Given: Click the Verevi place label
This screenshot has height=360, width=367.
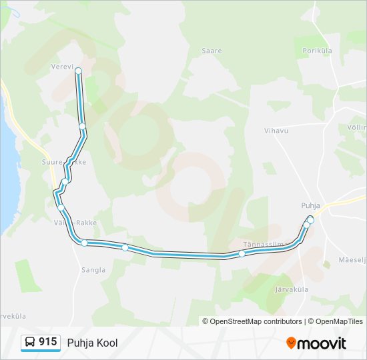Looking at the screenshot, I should click(61, 67).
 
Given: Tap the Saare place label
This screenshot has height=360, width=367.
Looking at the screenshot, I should click(212, 51).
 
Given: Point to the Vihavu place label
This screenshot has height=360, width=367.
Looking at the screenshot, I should click(276, 131).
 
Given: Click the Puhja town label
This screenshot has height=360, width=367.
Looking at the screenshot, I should click(310, 206).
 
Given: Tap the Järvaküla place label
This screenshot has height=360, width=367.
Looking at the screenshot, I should click(292, 289).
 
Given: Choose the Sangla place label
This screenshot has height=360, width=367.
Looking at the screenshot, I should click(93, 270).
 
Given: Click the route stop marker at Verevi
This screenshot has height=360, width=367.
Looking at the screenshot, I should click(78, 71).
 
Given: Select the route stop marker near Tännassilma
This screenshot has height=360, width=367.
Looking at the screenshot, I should click(242, 253).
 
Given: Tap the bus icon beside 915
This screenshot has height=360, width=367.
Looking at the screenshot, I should click(30, 342).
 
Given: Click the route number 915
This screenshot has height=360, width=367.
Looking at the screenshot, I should click(48, 342).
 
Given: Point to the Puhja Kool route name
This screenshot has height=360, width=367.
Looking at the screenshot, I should click(92, 343).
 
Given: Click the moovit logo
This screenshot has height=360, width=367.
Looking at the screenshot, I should click(316, 343).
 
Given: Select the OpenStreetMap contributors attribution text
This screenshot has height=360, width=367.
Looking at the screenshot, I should click(252, 321).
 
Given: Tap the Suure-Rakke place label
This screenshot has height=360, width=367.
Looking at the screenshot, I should click(63, 162).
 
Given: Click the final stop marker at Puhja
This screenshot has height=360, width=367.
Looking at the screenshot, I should click(310, 219).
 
